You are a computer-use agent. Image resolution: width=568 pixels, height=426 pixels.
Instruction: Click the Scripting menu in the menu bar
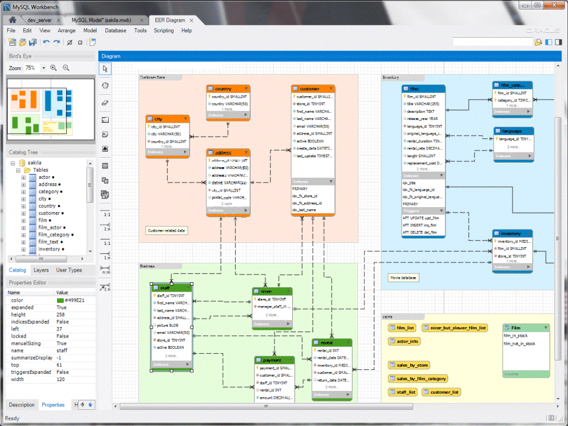(164, 31)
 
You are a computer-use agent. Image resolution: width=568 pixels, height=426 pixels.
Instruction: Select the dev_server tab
(40, 20)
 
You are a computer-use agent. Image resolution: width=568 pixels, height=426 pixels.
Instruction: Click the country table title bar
(228, 89)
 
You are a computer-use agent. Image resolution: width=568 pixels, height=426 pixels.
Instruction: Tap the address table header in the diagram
(228, 152)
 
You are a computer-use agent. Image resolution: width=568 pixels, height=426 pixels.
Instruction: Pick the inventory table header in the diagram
(512, 234)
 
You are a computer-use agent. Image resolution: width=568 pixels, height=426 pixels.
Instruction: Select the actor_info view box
(404, 342)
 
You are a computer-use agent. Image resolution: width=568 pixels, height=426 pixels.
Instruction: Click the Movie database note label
(403, 277)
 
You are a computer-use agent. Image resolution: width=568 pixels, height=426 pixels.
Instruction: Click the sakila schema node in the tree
(34, 163)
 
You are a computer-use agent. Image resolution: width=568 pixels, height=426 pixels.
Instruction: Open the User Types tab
(69, 270)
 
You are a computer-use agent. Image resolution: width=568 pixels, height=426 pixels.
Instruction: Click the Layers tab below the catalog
(41, 270)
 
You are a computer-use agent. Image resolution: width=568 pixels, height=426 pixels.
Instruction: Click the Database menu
(115, 31)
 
